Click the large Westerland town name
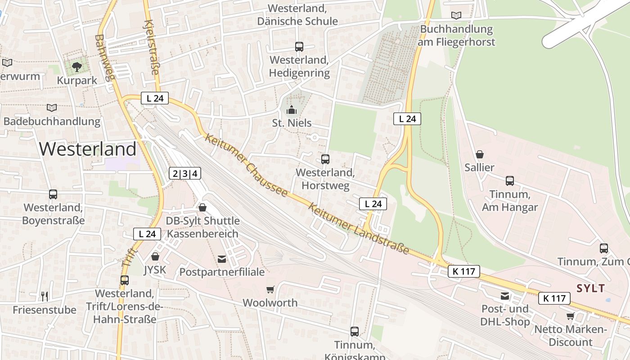[x=88, y=149]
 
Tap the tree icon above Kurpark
[x=77, y=67]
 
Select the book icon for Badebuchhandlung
[x=52, y=108]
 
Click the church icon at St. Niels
[x=292, y=110]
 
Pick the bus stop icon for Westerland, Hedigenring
[x=299, y=46]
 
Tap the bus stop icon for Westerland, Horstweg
[x=325, y=159]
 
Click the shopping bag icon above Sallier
[x=480, y=154]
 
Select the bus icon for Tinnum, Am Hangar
[x=510, y=181]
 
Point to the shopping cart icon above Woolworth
[x=270, y=290]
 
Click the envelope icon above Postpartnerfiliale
[x=222, y=259]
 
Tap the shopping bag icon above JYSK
[x=155, y=256]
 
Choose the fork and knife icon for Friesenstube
[x=44, y=296]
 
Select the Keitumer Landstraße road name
[x=359, y=228]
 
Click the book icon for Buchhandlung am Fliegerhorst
[x=456, y=16]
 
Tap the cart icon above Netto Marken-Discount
[x=570, y=316]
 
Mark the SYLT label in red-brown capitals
[x=591, y=288]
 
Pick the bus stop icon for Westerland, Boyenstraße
[x=53, y=194]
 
